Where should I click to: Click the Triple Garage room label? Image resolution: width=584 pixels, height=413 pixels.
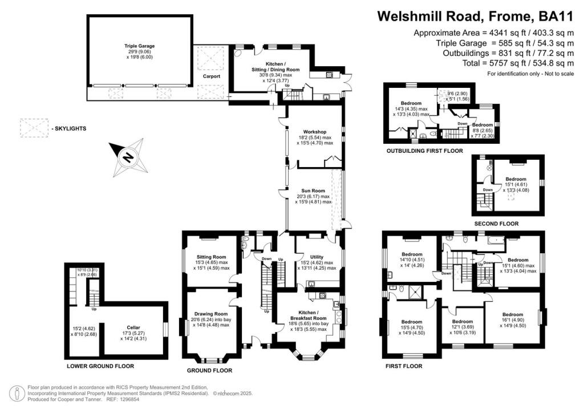point(140,46)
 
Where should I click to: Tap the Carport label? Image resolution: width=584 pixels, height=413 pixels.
point(212,76)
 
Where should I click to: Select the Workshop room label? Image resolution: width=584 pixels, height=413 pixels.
point(315,132)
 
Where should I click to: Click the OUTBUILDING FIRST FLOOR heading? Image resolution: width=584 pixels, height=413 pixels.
point(424,151)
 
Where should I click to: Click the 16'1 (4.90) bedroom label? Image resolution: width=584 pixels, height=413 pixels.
point(512,314)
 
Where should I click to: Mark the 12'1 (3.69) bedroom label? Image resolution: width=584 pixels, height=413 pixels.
point(463,321)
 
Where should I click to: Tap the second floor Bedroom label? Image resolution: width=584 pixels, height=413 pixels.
point(516,179)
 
